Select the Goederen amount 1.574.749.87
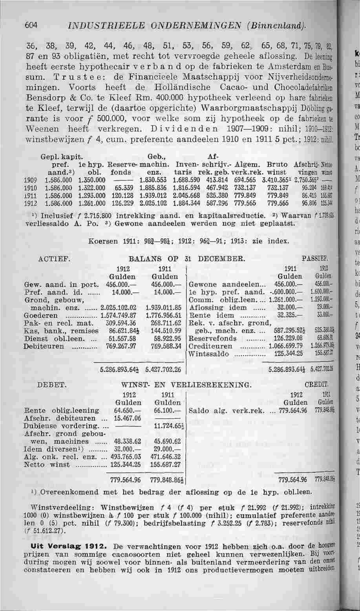tap(119, 315)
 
